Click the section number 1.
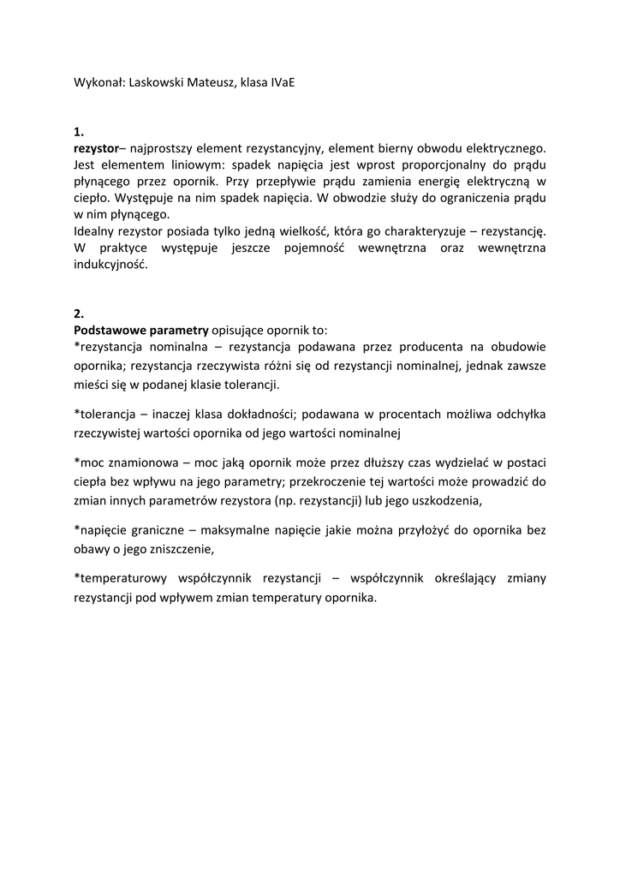pos(79,132)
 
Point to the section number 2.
pos(79,313)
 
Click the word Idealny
pos(96,231)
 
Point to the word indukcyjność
pos(110,265)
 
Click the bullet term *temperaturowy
pos(122,579)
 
